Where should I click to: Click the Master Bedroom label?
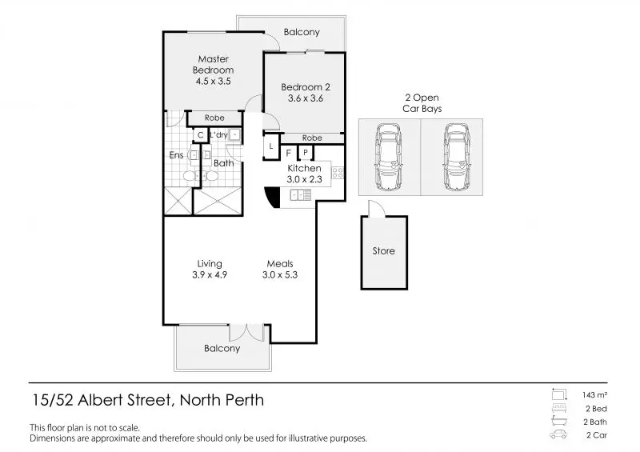pyautogui.click(x=213, y=65)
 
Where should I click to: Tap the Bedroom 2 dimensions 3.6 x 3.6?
pyautogui.click(x=306, y=98)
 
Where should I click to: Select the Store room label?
pyautogui.click(x=384, y=250)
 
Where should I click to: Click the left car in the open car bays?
pyautogui.click(x=388, y=157)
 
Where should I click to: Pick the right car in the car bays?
pyautogui.click(x=457, y=157)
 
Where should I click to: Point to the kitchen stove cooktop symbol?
pyautogui.click(x=337, y=173)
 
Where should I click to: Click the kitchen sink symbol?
pyautogui.click(x=301, y=195)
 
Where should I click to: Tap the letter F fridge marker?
pyautogui.click(x=289, y=154)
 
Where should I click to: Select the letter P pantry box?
pyautogui.click(x=306, y=153)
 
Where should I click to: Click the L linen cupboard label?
pyautogui.click(x=270, y=146)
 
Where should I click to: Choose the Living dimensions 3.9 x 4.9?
pyautogui.click(x=210, y=274)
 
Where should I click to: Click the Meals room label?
pyautogui.click(x=280, y=264)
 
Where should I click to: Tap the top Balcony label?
pyautogui.click(x=302, y=32)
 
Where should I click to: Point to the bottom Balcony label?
pyautogui.click(x=222, y=348)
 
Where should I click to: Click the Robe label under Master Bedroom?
pyautogui.click(x=214, y=118)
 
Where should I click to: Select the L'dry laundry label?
pyautogui.click(x=218, y=134)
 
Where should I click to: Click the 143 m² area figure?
pyautogui.click(x=594, y=395)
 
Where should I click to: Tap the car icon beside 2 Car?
pyautogui.click(x=558, y=434)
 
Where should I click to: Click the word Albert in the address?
pyautogui.click(x=101, y=400)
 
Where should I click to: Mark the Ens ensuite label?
pyautogui.click(x=176, y=155)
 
